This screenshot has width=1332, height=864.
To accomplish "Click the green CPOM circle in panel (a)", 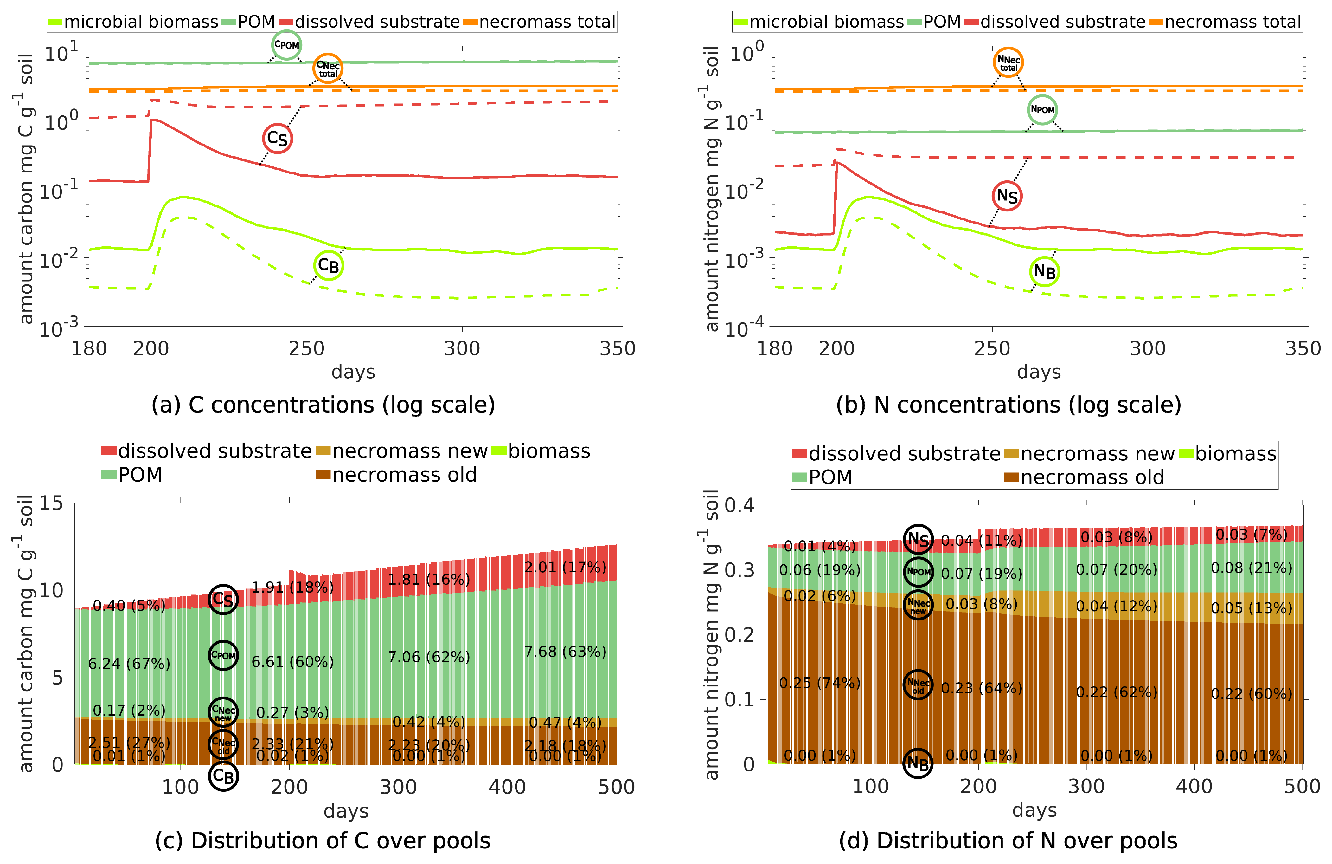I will click(x=286, y=45).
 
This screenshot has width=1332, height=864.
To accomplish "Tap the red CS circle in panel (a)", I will click(x=277, y=138).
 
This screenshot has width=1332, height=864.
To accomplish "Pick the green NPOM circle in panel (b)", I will click(x=1042, y=110).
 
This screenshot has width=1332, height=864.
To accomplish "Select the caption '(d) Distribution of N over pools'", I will click(x=1007, y=841).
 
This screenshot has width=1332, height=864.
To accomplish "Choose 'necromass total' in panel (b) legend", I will click(x=1233, y=22).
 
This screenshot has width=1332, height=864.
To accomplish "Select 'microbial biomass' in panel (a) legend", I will click(x=141, y=22).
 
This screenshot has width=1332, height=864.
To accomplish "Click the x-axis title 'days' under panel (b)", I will click(x=1038, y=372).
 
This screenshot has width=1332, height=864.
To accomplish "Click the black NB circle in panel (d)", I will click(x=918, y=763).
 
